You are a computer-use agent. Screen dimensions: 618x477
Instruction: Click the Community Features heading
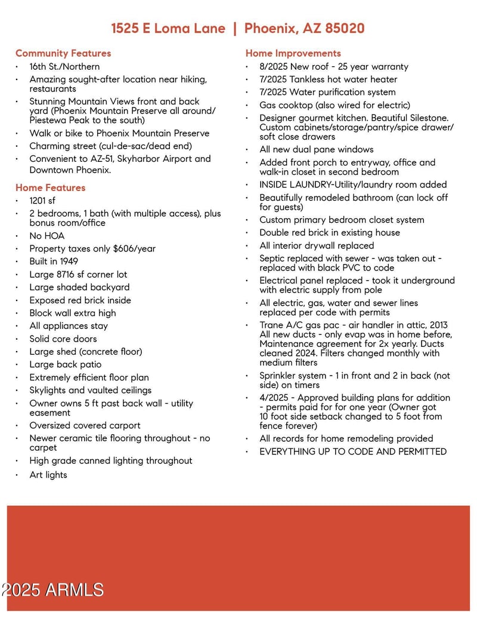click(x=63, y=53)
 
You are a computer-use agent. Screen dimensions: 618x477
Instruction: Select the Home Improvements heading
click(x=293, y=53)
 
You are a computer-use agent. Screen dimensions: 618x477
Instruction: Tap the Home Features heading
click(x=51, y=187)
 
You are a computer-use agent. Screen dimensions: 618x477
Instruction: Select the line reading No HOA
click(x=47, y=236)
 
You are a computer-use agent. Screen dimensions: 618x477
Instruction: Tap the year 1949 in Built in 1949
click(x=68, y=262)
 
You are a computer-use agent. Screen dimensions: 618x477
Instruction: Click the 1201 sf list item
click(x=42, y=201)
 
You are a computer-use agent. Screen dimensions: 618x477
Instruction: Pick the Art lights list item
click(x=48, y=475)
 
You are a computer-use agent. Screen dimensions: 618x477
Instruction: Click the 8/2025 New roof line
click(x=334, y=66)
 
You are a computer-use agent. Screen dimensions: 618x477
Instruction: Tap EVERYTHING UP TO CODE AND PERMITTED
click(x=353, y=451)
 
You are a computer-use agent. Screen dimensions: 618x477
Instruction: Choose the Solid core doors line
click(x=63, y=339)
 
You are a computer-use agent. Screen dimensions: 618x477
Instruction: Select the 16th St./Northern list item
click(x=64, y=66)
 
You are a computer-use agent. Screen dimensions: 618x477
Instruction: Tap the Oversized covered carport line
click(x=85, y=425)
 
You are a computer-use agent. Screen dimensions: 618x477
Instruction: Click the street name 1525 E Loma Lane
click(x=168, y=28)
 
